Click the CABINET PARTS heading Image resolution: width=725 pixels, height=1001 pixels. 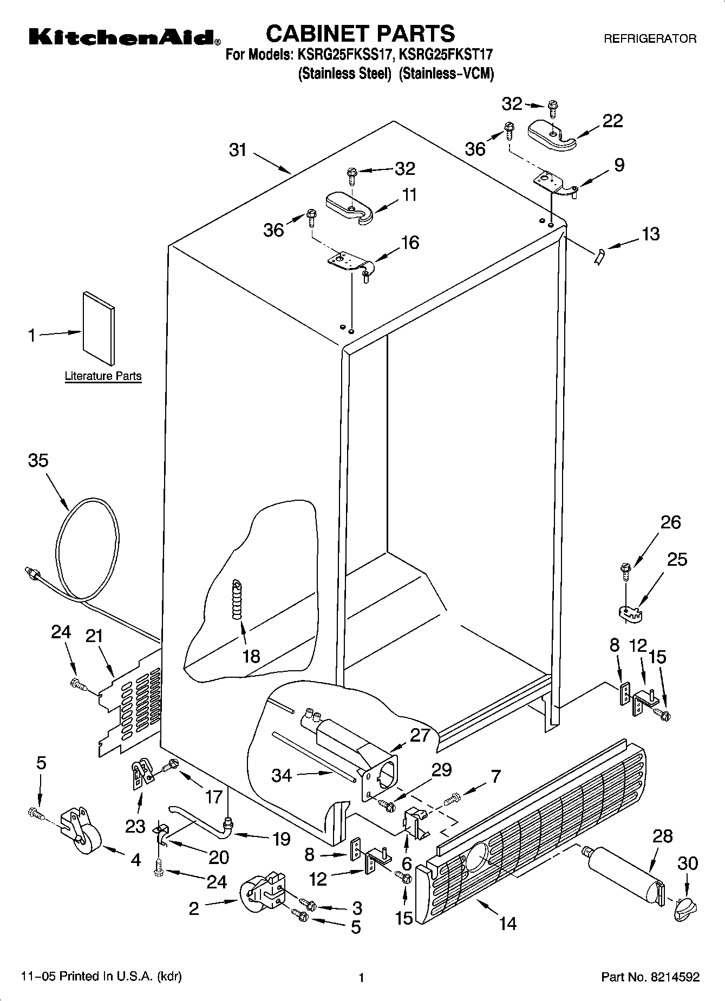pyautogui.click(x=360, y=34)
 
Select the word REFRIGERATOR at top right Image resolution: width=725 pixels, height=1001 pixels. pyautogui.click(x=650, y=39)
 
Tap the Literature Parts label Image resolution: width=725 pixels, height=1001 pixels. pyautogui.click(x=103, y=376)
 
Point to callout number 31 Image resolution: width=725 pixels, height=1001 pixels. pyautogui.click(x=238, y=150)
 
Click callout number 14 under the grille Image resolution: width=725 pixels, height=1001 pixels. pyautogui.click(x=507, y=923)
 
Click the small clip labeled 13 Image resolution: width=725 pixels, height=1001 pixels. pyautogui.click(x=598, y=256)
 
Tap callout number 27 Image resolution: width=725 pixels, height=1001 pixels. pyautogui.click(x=420, y=735)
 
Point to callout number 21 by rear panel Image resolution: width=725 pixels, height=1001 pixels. pyautogui.click(x=94, y=636)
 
